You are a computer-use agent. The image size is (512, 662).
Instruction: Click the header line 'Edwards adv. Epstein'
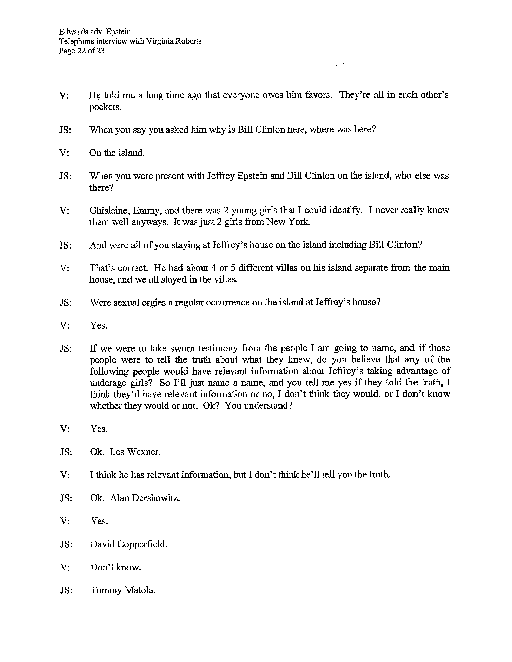point(95,31)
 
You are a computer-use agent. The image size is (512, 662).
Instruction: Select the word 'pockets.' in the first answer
point(105,107)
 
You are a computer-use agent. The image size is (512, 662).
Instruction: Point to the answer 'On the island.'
point(117,153)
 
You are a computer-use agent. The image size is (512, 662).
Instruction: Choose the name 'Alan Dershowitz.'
point(145,498)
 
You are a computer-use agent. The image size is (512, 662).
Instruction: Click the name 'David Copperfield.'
point(129,544)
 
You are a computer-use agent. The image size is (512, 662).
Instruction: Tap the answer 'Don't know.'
point(115,567)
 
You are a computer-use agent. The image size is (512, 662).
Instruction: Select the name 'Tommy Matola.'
point(123,590)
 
